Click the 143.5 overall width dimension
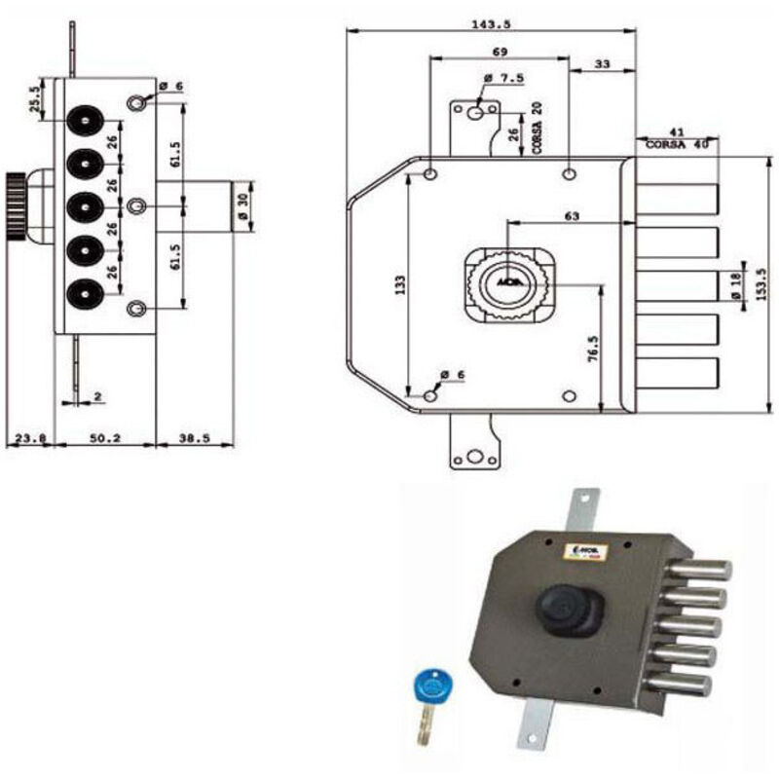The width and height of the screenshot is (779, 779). click(492, 20)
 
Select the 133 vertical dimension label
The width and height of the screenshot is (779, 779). click(400, 281)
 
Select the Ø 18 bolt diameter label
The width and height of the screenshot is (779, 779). click(738, 282)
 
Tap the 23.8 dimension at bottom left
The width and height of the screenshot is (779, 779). click(29, 438)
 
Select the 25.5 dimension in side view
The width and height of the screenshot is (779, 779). click(36, 100)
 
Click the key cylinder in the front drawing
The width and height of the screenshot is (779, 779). click(506, 284)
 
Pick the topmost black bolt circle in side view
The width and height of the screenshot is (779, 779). click(82, 120)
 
